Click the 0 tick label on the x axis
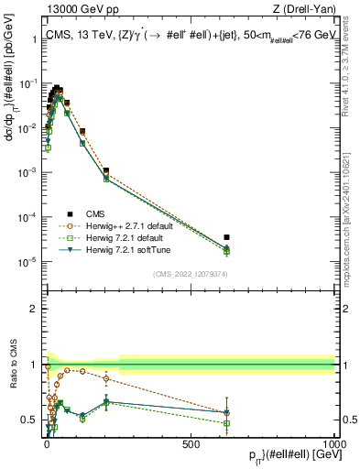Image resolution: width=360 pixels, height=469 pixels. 47,443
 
